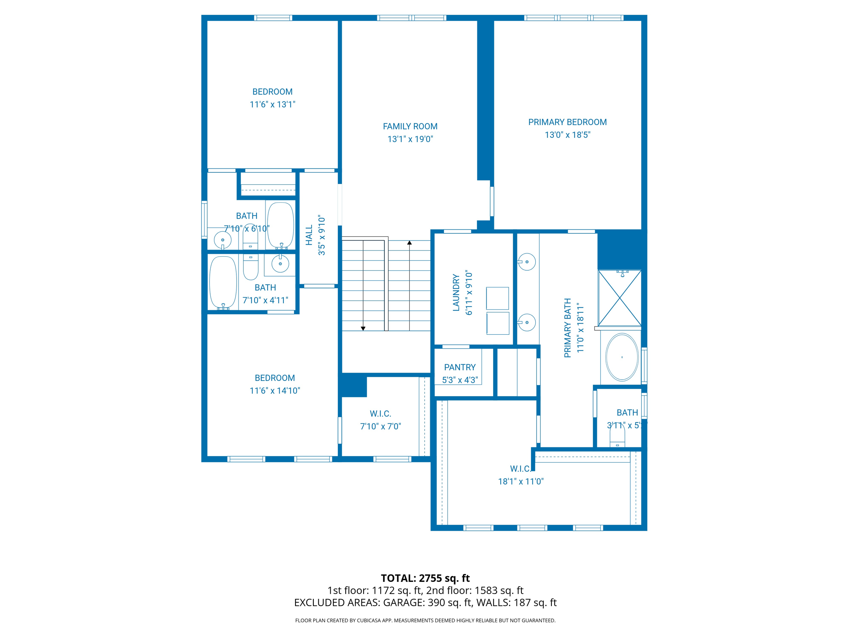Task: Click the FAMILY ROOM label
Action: coord(410,126)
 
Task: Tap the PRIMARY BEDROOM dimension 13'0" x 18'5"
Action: coord(567,135)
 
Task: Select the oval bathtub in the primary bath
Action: coord(622,357)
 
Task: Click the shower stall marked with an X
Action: coord(619,298)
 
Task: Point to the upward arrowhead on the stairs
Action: coord(409,243)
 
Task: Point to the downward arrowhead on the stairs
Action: coord(363,329)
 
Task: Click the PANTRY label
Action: coord(460,367)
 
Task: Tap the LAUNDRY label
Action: coord(456,292)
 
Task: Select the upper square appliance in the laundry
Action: coord(497,298)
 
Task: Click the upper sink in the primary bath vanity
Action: coord(527,262)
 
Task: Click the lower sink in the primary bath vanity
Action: coord(527,322)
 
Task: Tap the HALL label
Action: coord(309,236)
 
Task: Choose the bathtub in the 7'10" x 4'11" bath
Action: coord(223,282)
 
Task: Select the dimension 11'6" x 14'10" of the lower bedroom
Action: coord(274,391)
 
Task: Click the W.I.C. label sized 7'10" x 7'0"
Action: coord(380,414)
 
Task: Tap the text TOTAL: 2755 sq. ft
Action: coord(425,578)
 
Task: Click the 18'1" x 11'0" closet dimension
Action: coord(521,482)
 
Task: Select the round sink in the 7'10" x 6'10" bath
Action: coord(223,240)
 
